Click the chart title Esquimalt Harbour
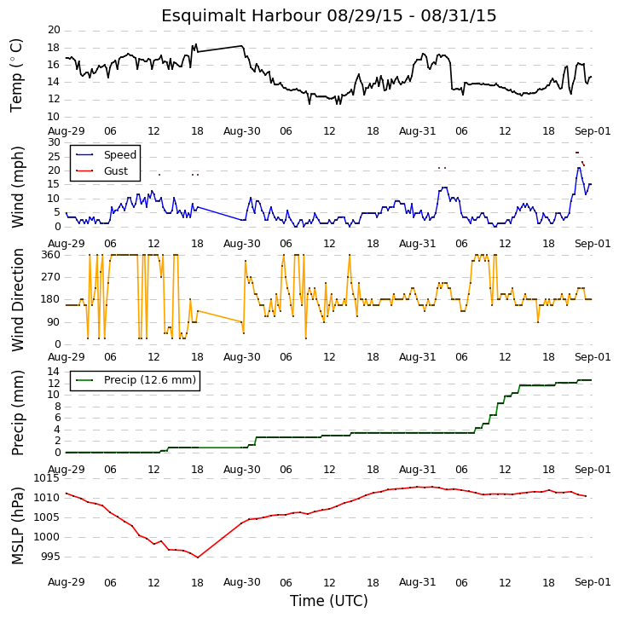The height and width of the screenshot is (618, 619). pos(240,16)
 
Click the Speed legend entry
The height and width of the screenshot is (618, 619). pos(106,154)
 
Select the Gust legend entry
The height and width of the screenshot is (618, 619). pos(101,170)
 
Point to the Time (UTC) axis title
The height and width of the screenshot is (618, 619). pos(329,601)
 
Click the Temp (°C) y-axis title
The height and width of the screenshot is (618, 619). pos(16,75)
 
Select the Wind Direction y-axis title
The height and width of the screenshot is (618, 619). pos(17,300)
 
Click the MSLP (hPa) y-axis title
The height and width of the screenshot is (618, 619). pos(17,526)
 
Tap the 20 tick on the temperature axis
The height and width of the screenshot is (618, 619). pos(54,30)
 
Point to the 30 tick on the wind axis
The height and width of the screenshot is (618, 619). pos(54,142)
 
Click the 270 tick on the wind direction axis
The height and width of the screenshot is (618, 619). pos(51,277)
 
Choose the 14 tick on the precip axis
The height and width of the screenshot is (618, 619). pos(54,372)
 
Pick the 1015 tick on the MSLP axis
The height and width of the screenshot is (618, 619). pos(46,478)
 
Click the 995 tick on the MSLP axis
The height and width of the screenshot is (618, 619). pos(49,557)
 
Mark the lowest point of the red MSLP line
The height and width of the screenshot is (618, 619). pos(198,557)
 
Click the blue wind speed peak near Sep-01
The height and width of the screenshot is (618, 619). pos(579,168)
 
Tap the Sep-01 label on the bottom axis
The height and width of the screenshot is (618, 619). pos(593,582)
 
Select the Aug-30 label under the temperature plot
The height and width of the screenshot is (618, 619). pos(241,131)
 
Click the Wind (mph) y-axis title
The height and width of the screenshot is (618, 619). pos(17,187)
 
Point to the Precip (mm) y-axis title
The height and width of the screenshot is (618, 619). pos(17,413)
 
